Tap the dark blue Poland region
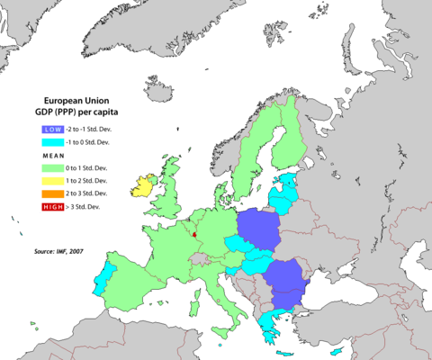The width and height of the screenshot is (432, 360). coord(258,227)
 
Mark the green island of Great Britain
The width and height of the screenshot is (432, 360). coord(173,193)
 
